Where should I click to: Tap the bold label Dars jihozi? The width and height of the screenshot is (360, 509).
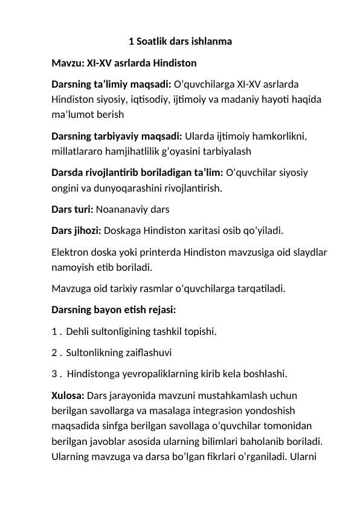point(76,230)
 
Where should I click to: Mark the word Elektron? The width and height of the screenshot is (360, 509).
point(71,251)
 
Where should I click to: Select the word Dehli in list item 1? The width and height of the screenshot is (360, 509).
point(79,331)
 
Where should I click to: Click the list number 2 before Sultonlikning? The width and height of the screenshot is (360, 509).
point(54,352)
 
